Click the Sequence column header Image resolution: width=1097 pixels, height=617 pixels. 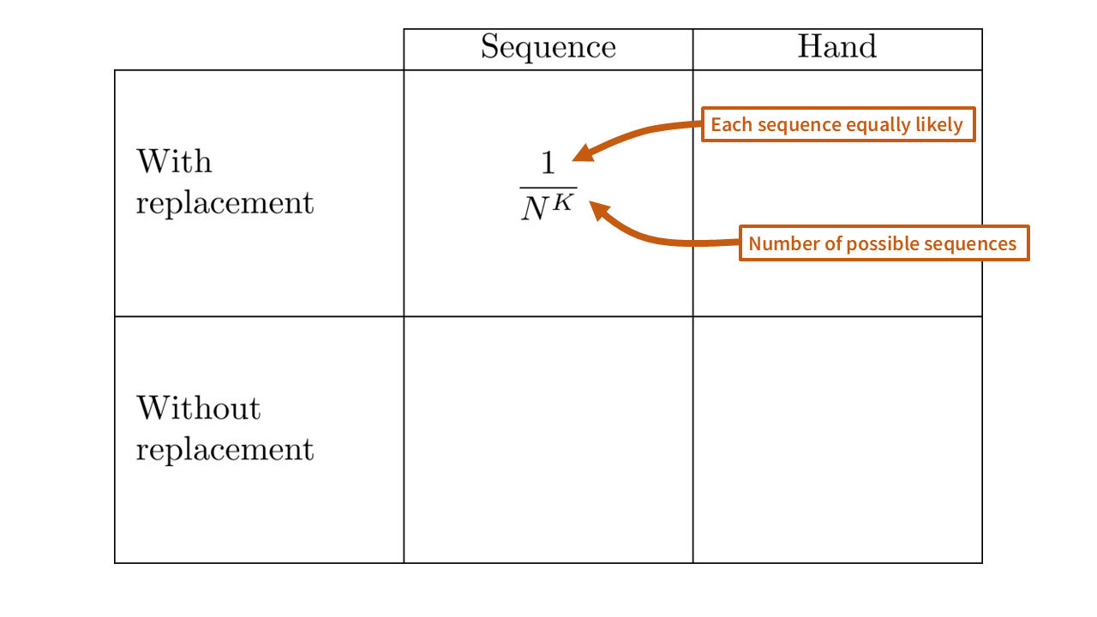coord(548,47)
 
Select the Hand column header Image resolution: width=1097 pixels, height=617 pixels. coord(837,47)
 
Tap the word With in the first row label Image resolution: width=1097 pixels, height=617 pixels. coord(174,161)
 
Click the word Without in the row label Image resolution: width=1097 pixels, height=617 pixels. coord(198,408)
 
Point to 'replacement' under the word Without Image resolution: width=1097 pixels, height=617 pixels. coord(225,449)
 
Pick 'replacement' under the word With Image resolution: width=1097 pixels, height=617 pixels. coord(225,203)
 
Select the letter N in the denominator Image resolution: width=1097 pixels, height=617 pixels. coord(536,209)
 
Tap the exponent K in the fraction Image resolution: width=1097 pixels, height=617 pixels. coord(561,202)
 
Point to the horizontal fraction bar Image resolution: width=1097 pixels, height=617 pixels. coord(548,187)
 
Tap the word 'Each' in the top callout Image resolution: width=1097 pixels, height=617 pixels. coord(729,125)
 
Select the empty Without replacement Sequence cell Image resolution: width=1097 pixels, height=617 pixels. coord(548,440)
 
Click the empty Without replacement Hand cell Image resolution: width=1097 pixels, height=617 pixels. coord(837,440)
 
